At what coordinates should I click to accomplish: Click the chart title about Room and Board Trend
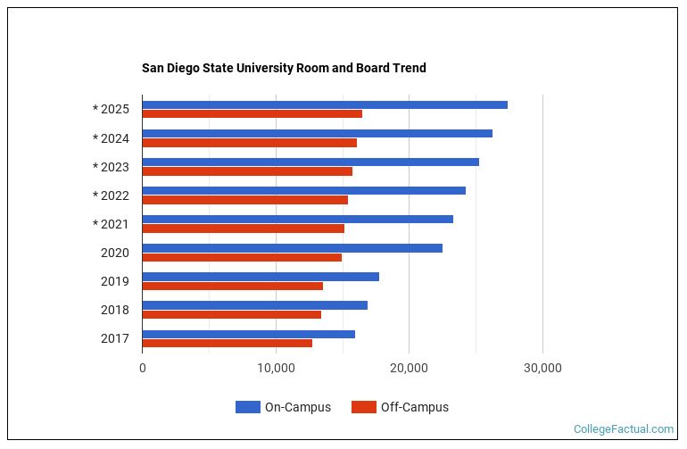[284, 68]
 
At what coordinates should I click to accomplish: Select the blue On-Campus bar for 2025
[325, 104]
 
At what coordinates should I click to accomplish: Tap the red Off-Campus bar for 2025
[252, 114]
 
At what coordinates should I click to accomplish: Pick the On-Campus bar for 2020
[292, 248]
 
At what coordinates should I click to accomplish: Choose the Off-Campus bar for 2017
[228, 343]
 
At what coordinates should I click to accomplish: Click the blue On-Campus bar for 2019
[261, 277]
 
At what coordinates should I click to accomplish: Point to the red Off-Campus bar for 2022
[245, 200]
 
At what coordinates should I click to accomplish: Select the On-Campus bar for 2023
[310, 162]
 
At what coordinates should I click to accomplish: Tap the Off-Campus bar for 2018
[232, 314]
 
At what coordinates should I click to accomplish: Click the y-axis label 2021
[114, 224]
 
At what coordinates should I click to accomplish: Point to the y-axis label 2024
[114, 138]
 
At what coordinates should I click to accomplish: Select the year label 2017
[114, 338]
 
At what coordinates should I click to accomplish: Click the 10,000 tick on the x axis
[276, 368]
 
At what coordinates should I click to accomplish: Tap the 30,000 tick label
[542, 368]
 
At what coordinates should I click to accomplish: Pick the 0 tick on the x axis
[143, 368]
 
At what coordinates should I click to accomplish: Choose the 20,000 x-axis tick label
[409, 368]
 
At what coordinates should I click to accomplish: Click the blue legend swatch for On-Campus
[247, 407]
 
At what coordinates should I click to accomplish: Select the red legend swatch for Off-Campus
[363, 407]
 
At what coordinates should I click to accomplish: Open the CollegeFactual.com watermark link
[623, 429]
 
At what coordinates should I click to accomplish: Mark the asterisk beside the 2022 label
[95, 195]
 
